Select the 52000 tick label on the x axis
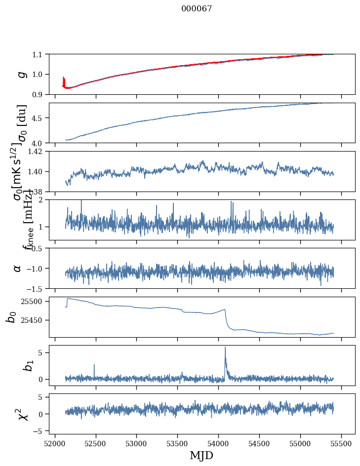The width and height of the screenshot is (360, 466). coord(55,442)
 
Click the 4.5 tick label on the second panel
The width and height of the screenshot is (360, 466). coord(39,118)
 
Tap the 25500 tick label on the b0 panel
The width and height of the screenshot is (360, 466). coord(33,301)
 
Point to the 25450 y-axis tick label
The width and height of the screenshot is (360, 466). coord(33,320)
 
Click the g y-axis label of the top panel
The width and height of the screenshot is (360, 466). coord(21,74)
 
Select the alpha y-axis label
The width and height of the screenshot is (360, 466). coord(17,268)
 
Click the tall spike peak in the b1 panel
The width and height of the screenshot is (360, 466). coord(225,347)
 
